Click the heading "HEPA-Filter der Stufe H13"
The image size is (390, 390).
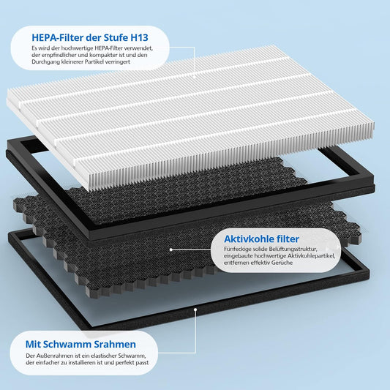coord(90,37)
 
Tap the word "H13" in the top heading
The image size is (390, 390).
coord(139,37)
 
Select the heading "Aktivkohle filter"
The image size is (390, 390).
coord(261,239)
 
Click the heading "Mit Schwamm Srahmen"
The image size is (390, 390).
coord(80,344)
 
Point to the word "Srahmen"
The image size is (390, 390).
coord(119,344)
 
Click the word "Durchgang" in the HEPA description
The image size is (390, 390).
coord(43,62)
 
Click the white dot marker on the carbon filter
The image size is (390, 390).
coord(171,250)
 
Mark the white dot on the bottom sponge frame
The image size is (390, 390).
coord(195,310)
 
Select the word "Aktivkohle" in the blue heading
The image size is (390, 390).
coord(250,239)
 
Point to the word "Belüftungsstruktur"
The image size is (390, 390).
coord(293,249)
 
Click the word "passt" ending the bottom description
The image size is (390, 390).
coord(143,363)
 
